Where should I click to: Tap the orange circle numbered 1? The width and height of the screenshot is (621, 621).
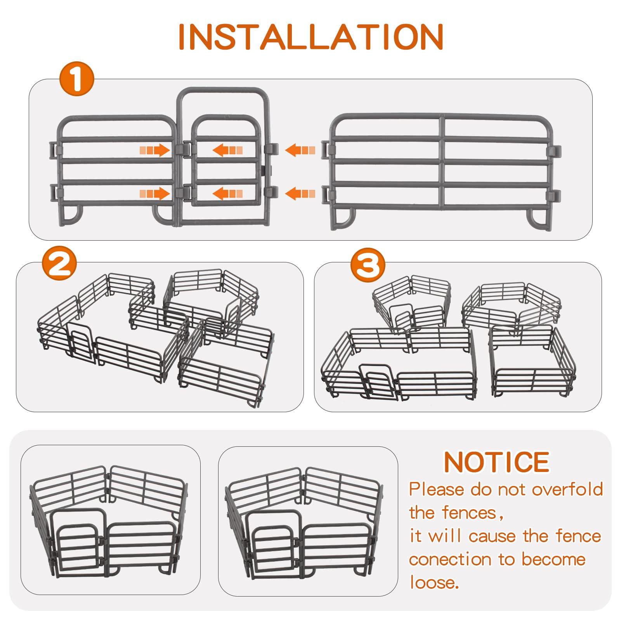[77, 78]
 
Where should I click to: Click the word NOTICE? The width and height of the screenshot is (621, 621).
[497, 462]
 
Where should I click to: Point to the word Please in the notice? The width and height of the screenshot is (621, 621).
[437, 490]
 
